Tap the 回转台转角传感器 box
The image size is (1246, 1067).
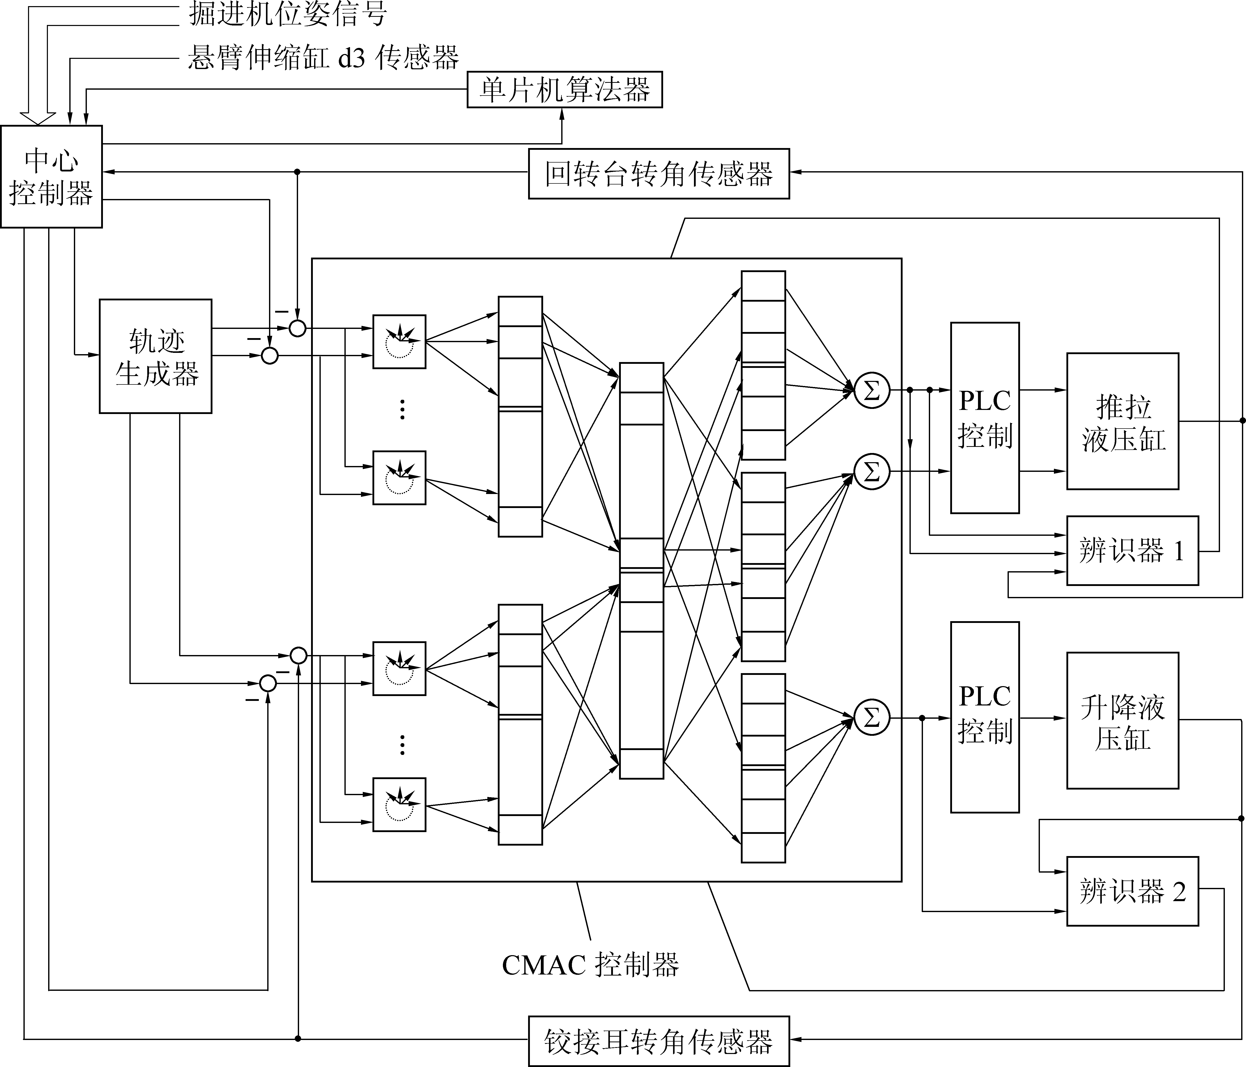[x=659, y=174]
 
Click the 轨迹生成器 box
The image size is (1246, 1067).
[x=155, y=356]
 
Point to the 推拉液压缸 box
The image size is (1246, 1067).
[x=1122, y=421]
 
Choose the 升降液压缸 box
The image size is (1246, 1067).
[x=1122, y=721]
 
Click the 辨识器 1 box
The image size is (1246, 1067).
[x=1132, y=550]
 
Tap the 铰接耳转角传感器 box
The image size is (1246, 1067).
[x=659, y=1041]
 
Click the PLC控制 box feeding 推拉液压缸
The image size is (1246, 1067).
[x=984, y=418]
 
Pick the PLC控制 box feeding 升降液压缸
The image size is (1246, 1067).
[x=984, y=717]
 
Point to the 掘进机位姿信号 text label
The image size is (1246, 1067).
[x=287, y=13]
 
